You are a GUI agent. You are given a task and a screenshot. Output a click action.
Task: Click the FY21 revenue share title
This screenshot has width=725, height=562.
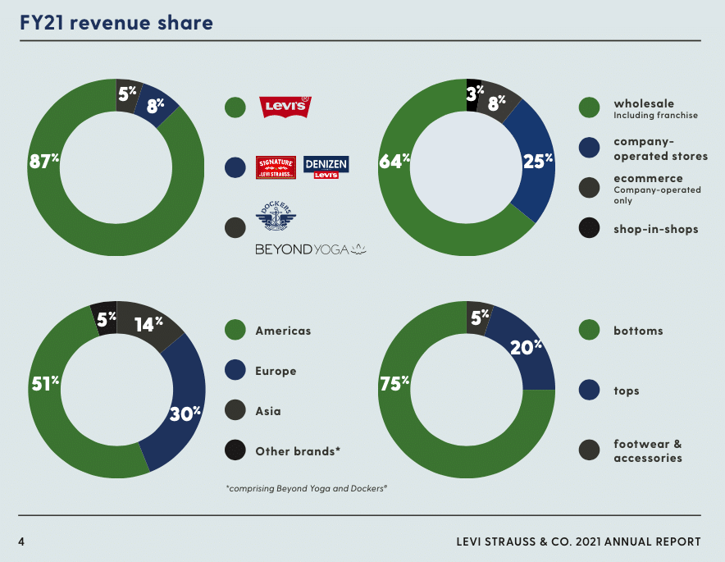(116, 22)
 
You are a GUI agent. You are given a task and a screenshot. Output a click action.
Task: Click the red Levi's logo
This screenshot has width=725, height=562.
(285, 105)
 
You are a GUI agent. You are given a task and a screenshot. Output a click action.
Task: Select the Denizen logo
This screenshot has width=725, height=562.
(326, 167)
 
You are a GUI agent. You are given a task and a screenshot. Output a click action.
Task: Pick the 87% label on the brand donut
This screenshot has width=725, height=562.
(43, 162)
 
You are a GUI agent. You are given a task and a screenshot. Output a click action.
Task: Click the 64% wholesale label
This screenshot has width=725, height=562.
(394, 162)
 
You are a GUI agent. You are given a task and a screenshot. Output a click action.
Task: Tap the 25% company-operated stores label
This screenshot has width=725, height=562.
(538, 162)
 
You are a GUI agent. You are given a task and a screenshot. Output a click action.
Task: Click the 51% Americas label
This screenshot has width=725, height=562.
(45, 383)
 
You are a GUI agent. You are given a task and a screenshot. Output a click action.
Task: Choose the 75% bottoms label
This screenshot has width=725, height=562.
(394, 383)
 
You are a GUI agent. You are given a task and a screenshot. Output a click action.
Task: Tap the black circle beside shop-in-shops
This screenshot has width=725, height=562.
(589, 229)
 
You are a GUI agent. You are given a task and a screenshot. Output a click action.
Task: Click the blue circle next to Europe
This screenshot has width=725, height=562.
(235, 371)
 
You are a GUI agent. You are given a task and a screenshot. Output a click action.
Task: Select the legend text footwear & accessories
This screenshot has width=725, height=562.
(648, 450)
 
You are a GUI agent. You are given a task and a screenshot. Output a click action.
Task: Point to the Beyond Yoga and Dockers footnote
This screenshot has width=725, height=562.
(306, 488)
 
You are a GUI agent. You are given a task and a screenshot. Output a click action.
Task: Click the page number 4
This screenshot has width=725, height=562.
(23, 541)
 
